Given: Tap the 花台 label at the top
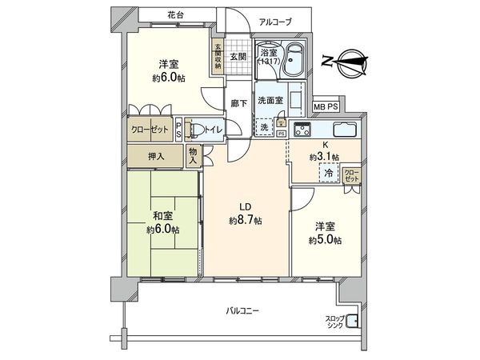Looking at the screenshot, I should (x=176, y=16).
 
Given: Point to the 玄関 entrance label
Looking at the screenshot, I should (x=238, y=57).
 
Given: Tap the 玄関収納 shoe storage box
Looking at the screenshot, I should (x=217, y=56).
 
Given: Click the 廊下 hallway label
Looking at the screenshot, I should (x=238, y=103).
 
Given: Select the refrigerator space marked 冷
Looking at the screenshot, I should (x=328, y=172).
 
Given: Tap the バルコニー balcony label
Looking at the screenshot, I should (x=242, y=310).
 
